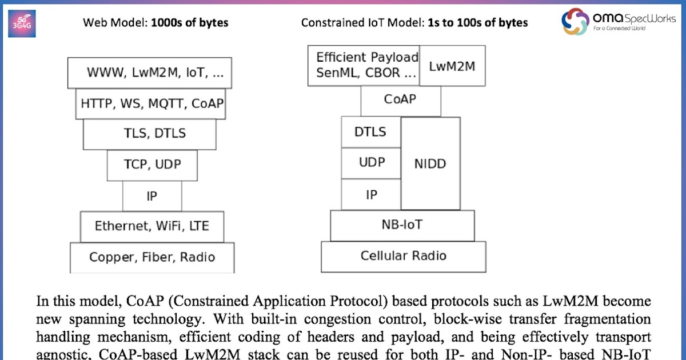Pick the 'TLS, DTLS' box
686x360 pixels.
150,134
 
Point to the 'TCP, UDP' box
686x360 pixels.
152,165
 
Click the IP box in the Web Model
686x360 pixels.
152,196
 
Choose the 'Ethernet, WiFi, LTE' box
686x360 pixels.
152,226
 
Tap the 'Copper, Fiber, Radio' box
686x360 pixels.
152,257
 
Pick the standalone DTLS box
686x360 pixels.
370,132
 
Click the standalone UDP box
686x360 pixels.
371,163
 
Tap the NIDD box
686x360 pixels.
430,164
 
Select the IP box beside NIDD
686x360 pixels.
371,194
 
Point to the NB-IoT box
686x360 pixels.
402,225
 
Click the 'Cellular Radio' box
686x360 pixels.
403,256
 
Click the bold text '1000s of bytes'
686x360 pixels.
189,23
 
